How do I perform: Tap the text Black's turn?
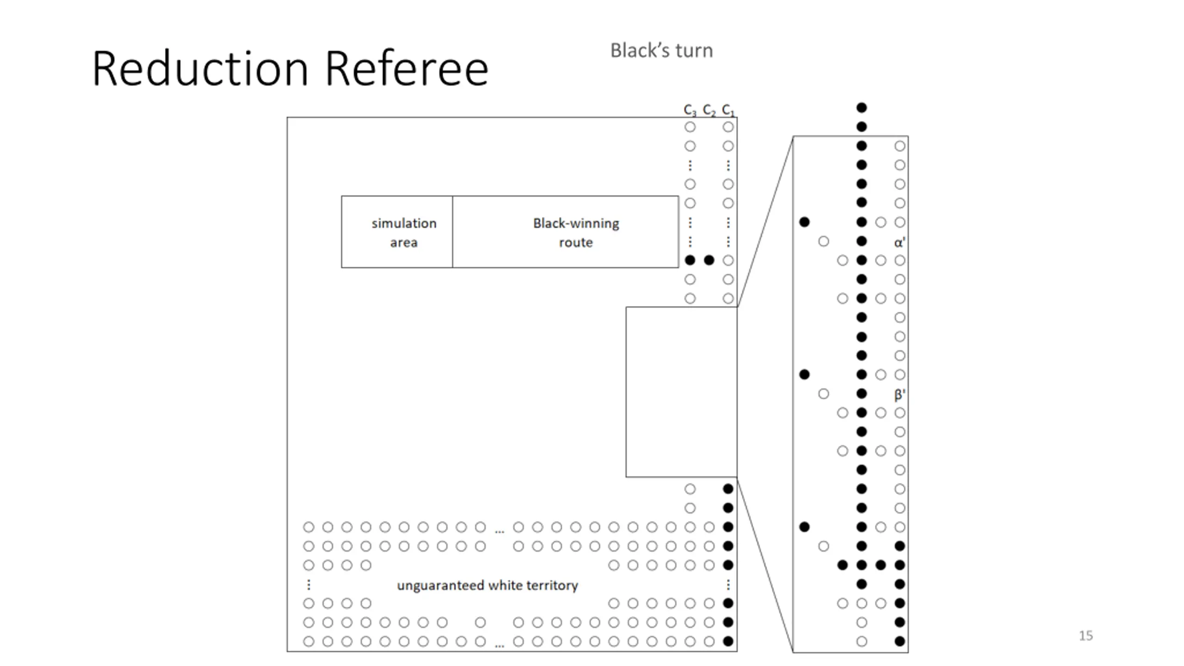[x=661, y=50]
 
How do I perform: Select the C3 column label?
[x=690, y=110]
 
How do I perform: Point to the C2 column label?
[x=709, y=110]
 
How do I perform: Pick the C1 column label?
[x=728, y=110]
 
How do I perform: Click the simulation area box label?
[x=404, y=233]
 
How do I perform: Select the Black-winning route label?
[x=576, y=233]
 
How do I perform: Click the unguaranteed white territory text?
[x=487, y=586]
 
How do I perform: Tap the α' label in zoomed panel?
[x=900, y=242]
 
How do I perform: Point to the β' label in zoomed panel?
[x=900, y=395]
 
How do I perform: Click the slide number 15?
[x=1086, y=635]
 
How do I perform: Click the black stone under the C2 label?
[x=709, y=260]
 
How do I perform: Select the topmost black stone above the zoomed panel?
[x=861, y=108]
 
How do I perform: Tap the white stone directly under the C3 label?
[x=690, y=127]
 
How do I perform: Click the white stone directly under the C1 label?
[x=728, y=127]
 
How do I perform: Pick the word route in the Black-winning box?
[x=576, y=242]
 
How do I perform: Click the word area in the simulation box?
[x=404, y=242]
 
